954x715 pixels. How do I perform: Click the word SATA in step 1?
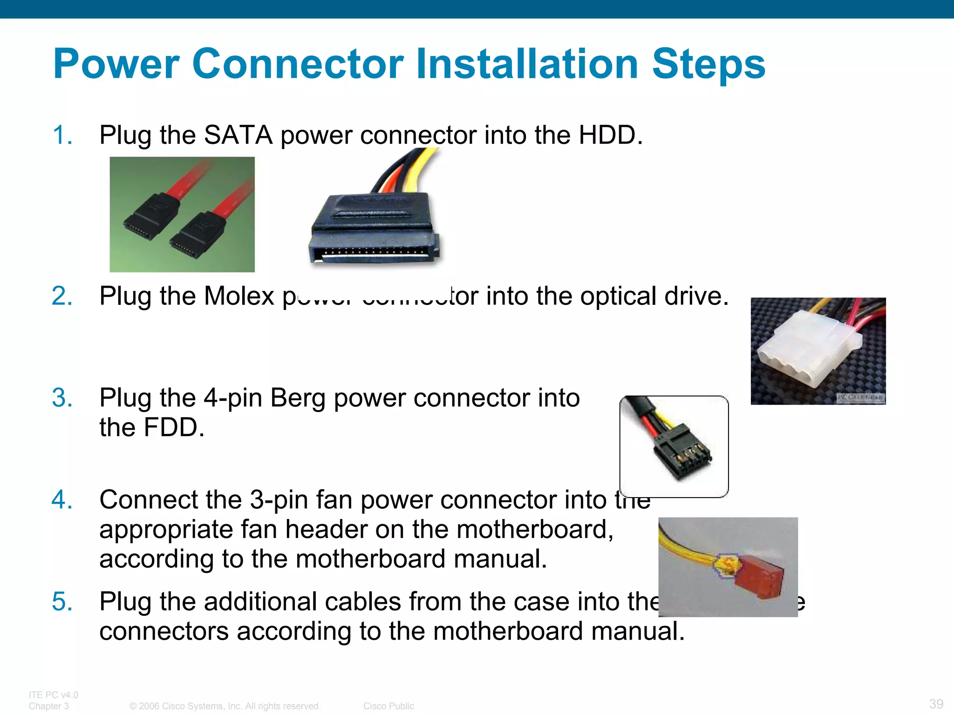click(238, 135)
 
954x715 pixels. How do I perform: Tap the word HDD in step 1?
click(610, 135)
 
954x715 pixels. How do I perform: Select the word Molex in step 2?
click(239, 296)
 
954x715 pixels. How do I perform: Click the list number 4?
click(62, 500)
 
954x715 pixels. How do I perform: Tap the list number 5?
click(62, 601)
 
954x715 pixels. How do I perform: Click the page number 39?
click(936, 703)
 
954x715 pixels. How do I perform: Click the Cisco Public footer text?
click(388, 706)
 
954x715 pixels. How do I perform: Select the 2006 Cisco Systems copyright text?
click(225, 706)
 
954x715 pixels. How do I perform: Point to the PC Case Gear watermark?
click(860, 397)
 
